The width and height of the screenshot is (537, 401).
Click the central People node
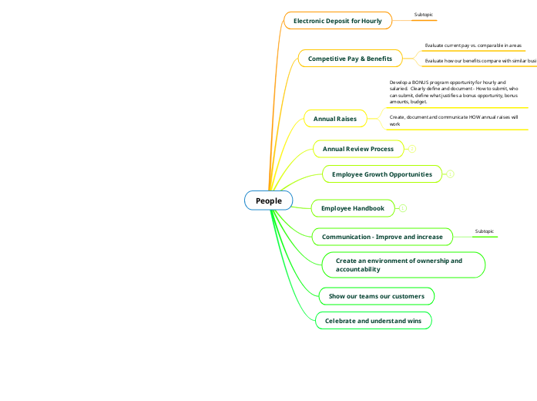point(269,201)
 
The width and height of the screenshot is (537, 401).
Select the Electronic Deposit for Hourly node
point(337,21)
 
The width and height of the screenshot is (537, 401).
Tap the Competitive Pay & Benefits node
point(350,59)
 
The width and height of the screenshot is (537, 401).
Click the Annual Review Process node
point(357,149)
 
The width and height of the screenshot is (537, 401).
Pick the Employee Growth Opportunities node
point(381,174)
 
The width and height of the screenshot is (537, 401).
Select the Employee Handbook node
point(352,208)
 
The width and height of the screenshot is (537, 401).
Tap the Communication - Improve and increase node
point(382,237)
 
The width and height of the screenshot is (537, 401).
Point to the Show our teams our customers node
point(376,296)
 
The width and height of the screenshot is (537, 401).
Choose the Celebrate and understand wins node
point(373,321)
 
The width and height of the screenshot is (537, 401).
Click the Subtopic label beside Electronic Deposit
point(424,15)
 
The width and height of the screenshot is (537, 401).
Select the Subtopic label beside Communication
point(485,231)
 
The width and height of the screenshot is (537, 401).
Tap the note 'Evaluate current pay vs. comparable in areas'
point(473,45)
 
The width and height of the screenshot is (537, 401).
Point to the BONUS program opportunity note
point(454,91)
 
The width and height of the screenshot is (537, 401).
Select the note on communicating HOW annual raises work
point(454,120)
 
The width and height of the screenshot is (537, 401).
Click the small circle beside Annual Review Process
point(412,149)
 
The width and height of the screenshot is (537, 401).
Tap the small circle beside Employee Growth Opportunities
point(451,174)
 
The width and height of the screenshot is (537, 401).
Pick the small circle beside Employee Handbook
point(403,208)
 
